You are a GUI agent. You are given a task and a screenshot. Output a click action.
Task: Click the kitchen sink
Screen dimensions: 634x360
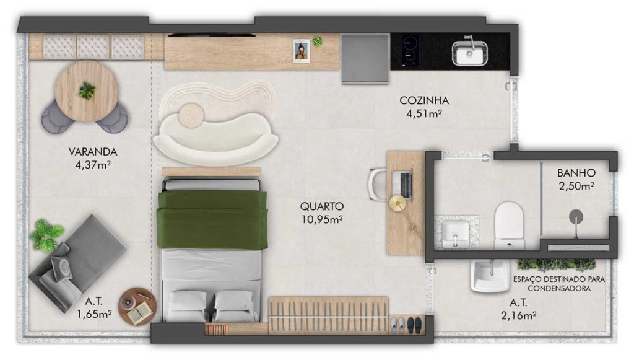pos(469,52)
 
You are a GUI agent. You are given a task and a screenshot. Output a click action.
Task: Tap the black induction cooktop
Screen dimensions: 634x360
pos(410,51)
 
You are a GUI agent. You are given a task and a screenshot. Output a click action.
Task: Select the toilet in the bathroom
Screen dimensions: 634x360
pos(509,226)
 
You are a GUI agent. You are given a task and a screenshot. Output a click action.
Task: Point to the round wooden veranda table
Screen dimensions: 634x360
pos(87,92)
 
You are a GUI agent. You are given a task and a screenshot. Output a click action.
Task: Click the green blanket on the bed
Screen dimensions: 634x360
pos(212,219)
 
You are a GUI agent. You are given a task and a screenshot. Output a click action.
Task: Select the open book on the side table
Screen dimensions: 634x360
pos(141,312)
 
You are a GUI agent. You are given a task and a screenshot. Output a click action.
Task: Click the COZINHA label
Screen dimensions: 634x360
pos(424,100)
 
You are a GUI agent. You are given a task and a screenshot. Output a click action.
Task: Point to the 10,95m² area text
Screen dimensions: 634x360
pos(322,219)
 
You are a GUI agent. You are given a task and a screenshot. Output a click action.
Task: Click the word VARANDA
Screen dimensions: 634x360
pos(93,152)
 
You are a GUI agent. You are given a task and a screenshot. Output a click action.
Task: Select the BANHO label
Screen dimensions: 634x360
pos(576,173)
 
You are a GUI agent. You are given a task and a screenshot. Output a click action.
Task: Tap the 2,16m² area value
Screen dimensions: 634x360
pos(519,315)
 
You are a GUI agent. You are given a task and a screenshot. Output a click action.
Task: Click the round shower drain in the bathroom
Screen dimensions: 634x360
pos(576,217)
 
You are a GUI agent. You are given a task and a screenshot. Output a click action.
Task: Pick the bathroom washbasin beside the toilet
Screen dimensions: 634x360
pos(455,234)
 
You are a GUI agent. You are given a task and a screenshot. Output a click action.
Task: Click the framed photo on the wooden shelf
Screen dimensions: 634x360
pos(302,51)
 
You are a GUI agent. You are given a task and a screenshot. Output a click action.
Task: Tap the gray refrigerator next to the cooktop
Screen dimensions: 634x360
pos(365,59)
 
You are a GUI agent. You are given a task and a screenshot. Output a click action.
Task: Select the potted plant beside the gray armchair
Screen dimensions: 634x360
pos(46,235)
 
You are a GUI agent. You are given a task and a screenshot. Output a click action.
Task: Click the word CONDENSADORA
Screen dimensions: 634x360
pos(559,288)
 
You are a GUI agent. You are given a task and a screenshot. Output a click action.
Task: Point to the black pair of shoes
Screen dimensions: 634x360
pos(414,325)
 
